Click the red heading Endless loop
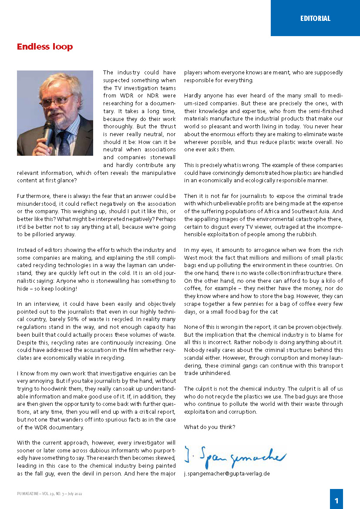point(44,47)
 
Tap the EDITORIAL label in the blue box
point(315,18)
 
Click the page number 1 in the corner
point(336,500)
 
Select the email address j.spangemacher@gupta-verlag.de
point(227,473)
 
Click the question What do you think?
point(209,427)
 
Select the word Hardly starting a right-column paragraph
point(192,95)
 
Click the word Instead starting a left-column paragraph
point(27,250)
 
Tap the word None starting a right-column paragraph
point(191,327)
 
